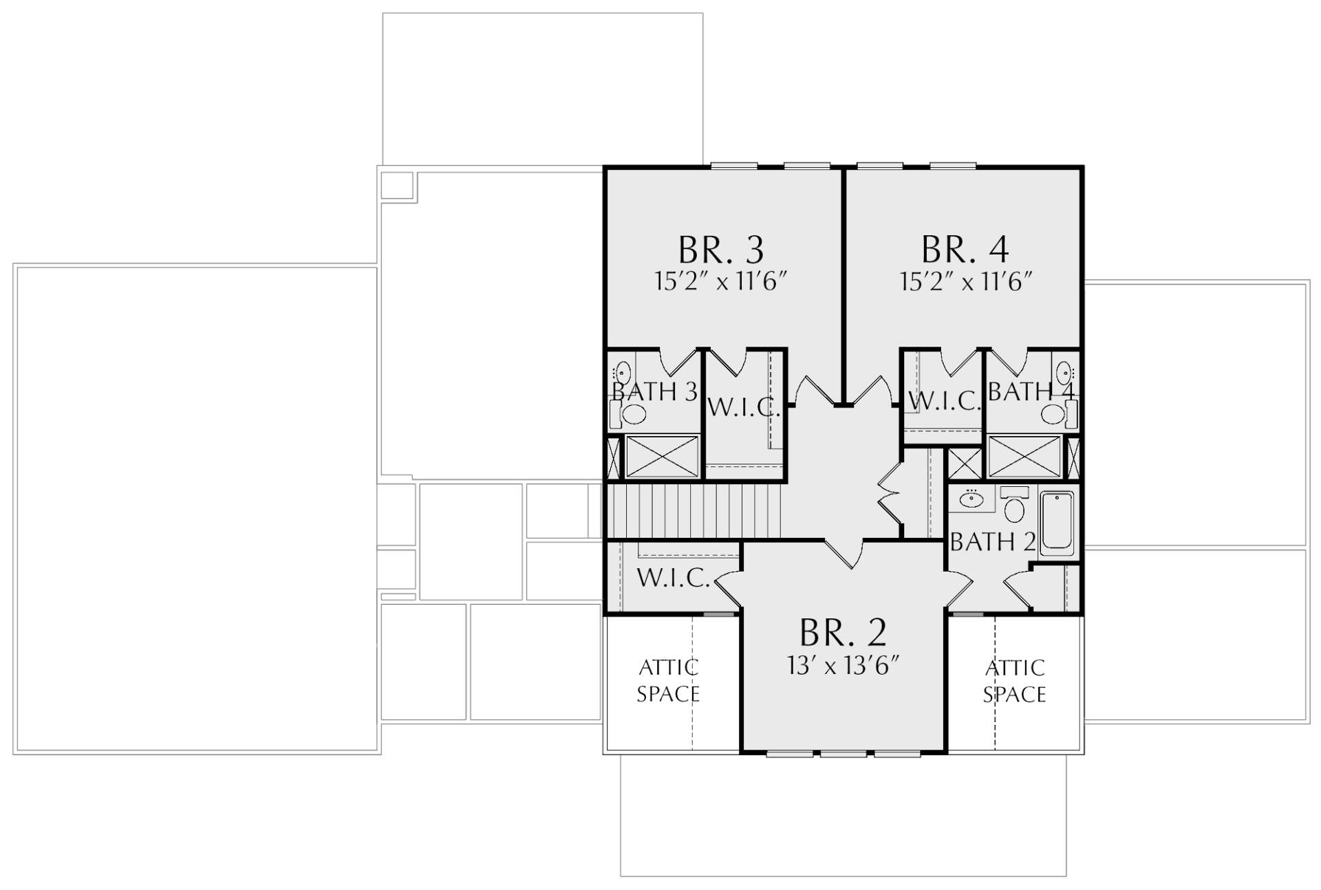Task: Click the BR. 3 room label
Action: [721, 250]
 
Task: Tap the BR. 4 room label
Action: [965, 250]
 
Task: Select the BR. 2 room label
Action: [843, 632]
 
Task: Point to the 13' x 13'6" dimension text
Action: [844, 665]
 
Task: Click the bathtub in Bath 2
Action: [1057, 523]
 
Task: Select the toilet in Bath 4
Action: [1059, 414]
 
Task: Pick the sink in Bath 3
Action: [622, 373]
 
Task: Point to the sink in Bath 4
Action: [1064, 373]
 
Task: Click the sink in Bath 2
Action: [971, 499]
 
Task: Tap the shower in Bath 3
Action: [662, 456]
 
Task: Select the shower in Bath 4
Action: [1024, 456]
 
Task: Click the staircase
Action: [694, 510]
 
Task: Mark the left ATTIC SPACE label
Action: [668, 681]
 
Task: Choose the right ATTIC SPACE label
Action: [1015, 681]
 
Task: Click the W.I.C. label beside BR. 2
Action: [673, 578]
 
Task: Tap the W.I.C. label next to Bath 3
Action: [744, 408]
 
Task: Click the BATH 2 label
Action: [993, 542]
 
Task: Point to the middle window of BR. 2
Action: [844, 754]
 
